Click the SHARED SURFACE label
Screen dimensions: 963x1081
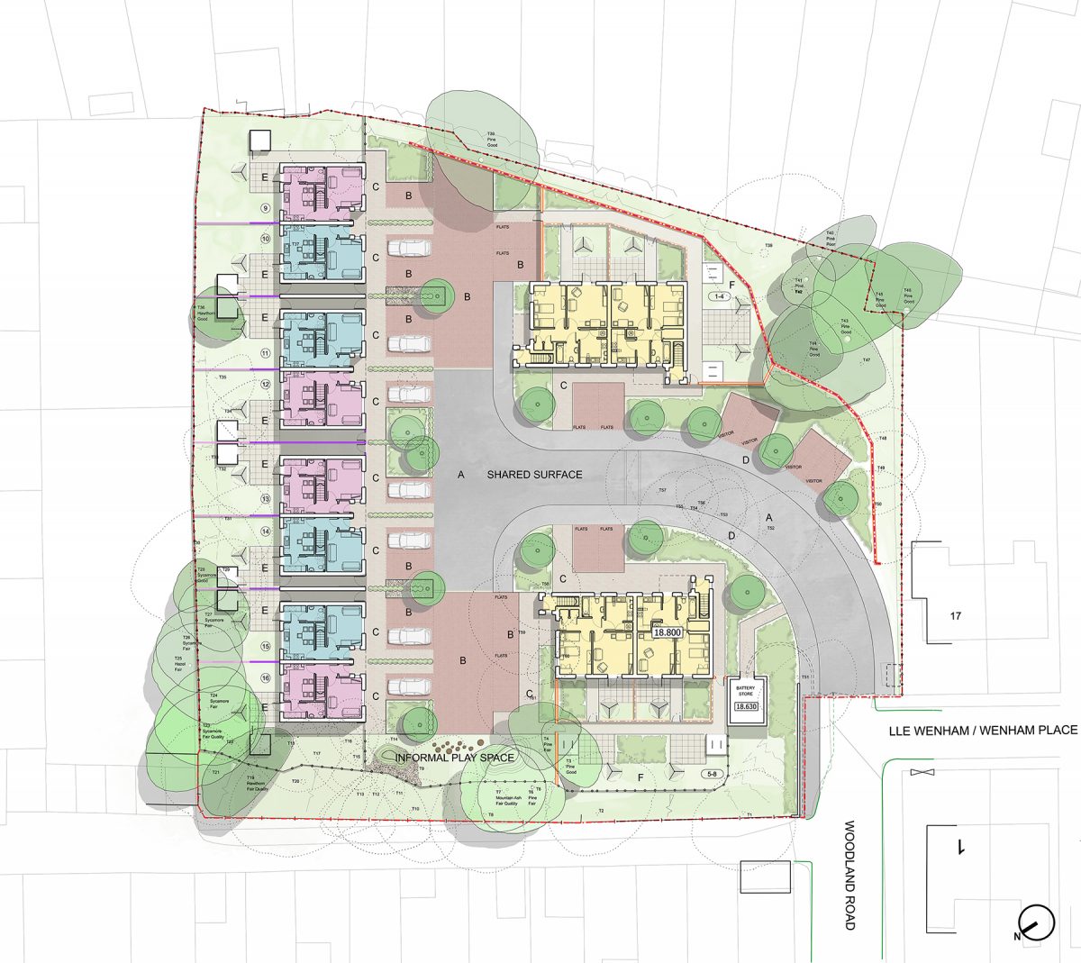tap(534, 474)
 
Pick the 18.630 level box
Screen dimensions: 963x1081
tap(747, 706)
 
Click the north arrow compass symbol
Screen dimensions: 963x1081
tap(1035, 922)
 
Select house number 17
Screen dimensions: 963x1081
tap(956, 617)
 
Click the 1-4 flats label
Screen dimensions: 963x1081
tap(719, 295)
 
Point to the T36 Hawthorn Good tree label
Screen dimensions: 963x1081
tap(202, 312)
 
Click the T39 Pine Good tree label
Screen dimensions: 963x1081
tap(491, 137)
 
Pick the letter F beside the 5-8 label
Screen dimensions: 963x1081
tap(640, 776)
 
